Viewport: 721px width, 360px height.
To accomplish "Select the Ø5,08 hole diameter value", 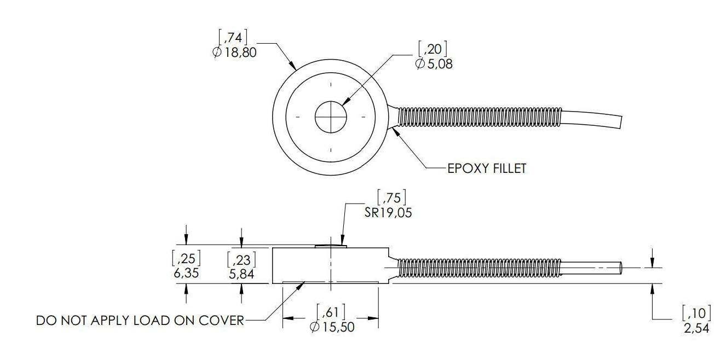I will pos(434,63).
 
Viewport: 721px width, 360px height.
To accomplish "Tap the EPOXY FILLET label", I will pos(487,168).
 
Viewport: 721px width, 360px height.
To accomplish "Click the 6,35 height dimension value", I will pos(186,273).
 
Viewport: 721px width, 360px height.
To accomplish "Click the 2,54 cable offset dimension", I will pos(696,329).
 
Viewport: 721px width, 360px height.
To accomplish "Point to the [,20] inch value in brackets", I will pos(432,49).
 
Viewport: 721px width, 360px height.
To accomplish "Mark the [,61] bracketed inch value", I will pos(331,312).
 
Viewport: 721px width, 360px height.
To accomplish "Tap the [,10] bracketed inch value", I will pos(696,314).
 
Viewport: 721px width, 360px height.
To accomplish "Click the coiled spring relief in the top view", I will pos(479,117).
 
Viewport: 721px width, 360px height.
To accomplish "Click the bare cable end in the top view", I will pos(594,117).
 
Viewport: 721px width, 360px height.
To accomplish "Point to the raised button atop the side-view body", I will pos(331,246).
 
